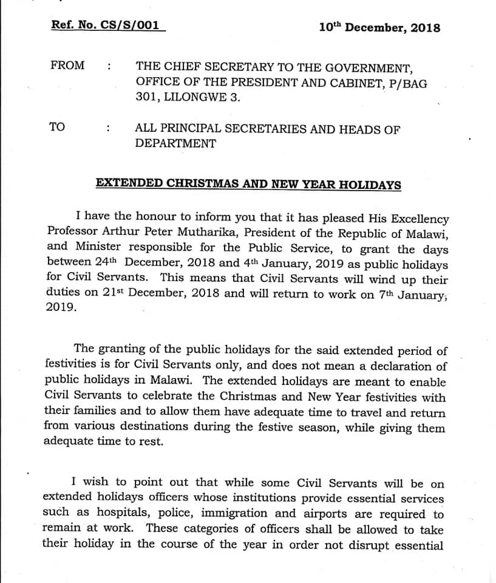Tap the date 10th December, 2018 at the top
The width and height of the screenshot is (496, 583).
click(x=379, y=28)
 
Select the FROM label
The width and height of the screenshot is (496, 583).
click(x=67, y=65)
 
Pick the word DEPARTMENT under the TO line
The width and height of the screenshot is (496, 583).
click(x=175, y=144)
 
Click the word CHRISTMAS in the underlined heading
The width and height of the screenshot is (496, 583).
click(x=200, y=183)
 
